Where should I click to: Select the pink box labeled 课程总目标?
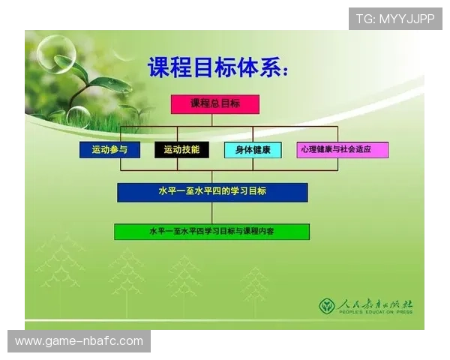(x=214, y=104)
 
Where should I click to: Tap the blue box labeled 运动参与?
(x=109, y=150)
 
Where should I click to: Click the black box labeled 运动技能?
(x=181, y=150)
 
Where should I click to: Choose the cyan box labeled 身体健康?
(x=253, y=150)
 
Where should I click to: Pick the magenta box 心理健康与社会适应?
(x=343, y=150)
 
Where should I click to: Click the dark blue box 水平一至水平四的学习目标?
(x=212, y=192)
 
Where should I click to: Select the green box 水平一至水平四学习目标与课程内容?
(x=211, y=232)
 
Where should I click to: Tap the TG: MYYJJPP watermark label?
(x=394, y=18)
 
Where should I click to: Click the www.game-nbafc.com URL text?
(x=79, y=341)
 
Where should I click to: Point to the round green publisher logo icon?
(x=327, y=306)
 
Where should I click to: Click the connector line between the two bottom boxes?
(x=212, y=213)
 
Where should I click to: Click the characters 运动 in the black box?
(x=172, y=150)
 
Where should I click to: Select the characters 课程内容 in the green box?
(x=259, y=232)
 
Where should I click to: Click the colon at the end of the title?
(x=283, y=71)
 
